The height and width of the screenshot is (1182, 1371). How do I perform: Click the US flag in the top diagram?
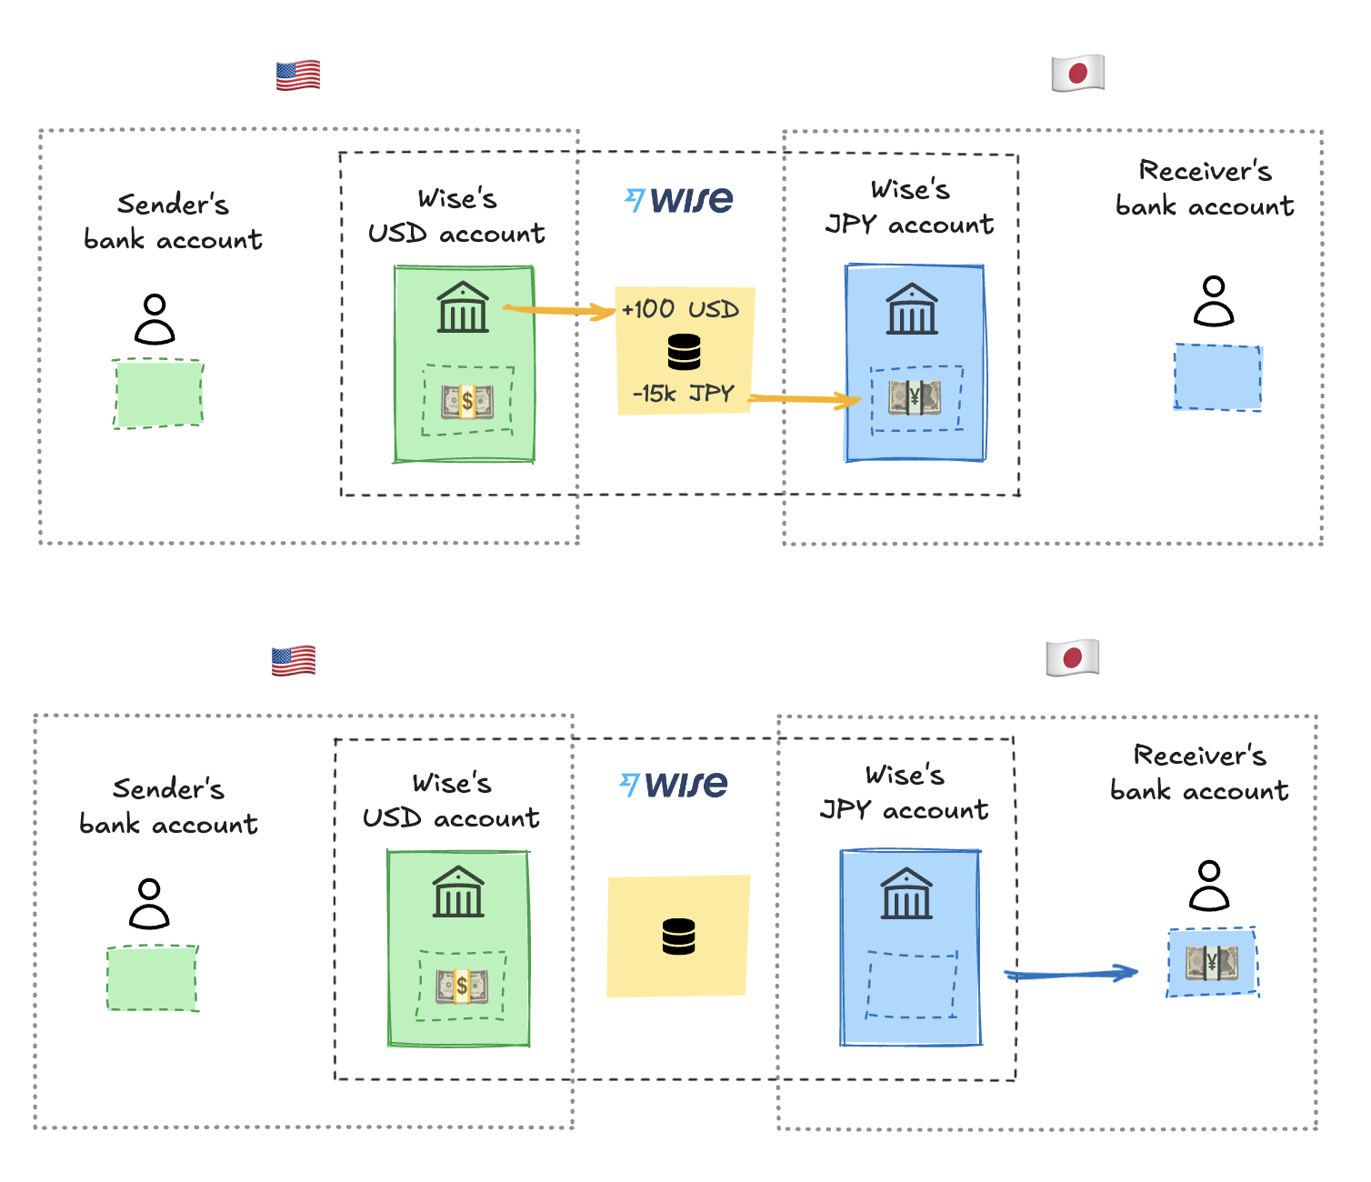(x=298, y=75)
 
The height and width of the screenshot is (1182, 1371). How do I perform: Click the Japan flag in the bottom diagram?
(x=1072, y=658)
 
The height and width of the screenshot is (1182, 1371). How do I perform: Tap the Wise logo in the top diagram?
(x=678, y=200)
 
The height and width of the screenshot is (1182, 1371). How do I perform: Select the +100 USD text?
(x=680, y=309)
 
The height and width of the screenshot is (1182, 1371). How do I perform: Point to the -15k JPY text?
(x=683, y=394)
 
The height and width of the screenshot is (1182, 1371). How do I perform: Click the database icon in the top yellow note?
(x=684, y=352)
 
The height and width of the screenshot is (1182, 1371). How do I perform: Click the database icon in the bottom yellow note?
(x=678, y=937)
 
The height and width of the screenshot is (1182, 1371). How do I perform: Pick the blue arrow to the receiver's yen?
(x=1071, y=973)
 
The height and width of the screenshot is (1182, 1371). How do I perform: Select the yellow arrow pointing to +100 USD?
(x=559, y=310)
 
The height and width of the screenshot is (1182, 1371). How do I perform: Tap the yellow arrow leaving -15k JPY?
(x=804, y=398)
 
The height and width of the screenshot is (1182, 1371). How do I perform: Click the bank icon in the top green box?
(x=463, y=307)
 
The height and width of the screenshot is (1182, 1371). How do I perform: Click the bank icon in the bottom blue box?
(x=906, y=893)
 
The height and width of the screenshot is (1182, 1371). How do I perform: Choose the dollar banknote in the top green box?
(x=467, y=401)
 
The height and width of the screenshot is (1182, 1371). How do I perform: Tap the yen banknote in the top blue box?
(x=915, y=396)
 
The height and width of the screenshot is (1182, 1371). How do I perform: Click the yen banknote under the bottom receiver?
(x=1212, y=963)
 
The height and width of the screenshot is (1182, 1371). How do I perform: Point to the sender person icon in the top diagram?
(x=155, y=319)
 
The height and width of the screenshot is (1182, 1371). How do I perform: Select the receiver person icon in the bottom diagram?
(x=1209, y=886)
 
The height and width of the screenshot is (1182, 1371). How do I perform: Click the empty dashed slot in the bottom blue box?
(x=911, y=985)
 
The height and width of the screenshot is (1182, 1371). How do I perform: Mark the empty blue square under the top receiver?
(x=1217, y=376)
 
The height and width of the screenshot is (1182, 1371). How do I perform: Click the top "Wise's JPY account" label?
(x=909, y=207)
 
